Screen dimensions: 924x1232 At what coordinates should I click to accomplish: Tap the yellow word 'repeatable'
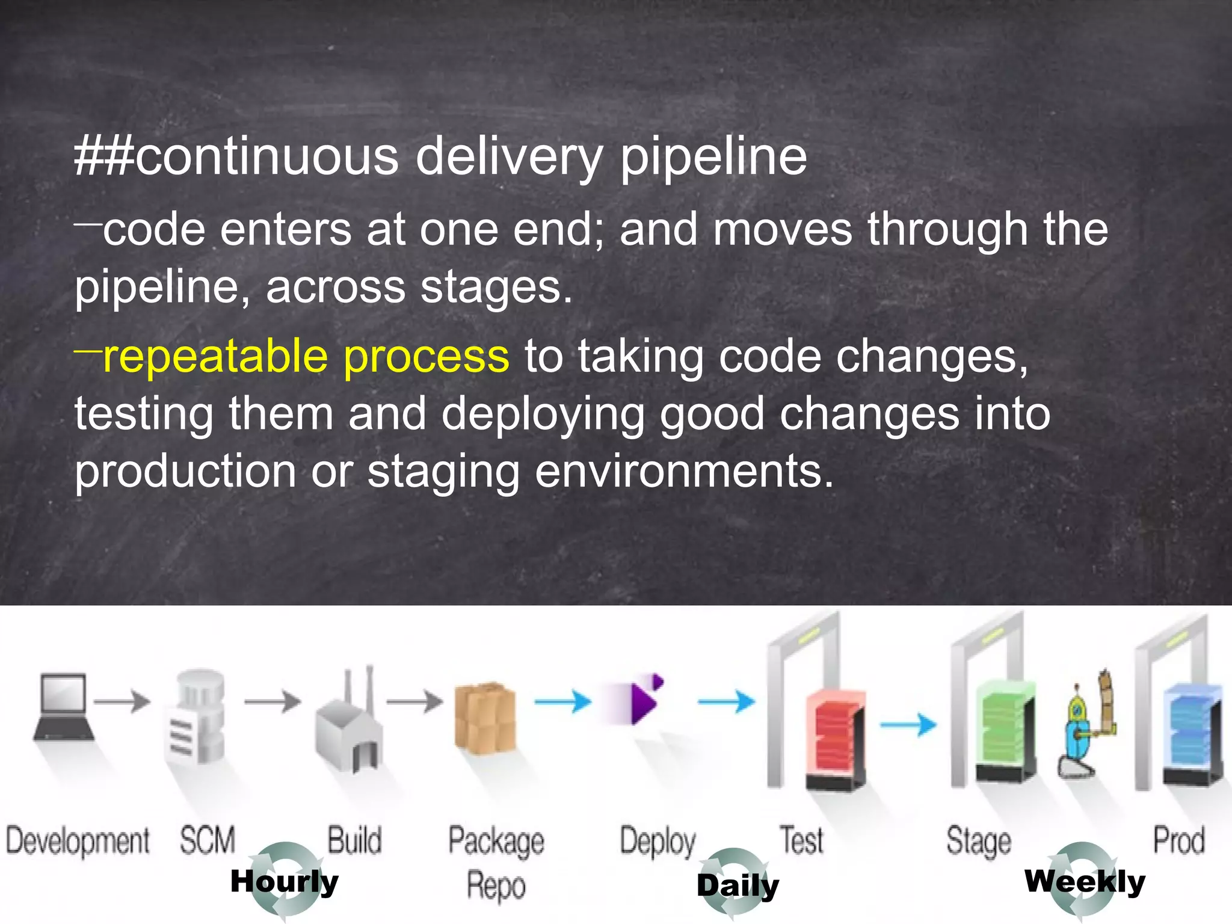pos(215,356)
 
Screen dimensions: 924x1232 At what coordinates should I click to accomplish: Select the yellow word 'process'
pos(426,356)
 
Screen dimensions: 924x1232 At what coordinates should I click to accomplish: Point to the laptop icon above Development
pos(64,707)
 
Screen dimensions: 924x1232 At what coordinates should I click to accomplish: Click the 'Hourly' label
pos(285,881)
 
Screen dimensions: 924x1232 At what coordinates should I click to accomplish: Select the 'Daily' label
pos(738,885)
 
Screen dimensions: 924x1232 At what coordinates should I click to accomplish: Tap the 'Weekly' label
pos(1085,881)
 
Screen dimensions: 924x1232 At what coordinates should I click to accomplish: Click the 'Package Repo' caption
pos(496,862)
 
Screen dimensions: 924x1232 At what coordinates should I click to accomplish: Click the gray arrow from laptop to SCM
pos(122,701)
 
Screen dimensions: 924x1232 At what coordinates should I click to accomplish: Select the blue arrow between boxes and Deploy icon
pos(562,701)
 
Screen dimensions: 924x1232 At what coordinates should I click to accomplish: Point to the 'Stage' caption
pos(978,840)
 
